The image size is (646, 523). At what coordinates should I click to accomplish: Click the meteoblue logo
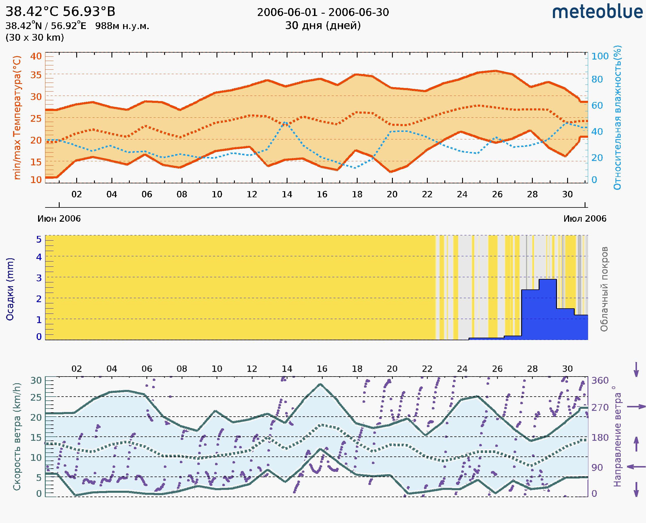click(x=597, y=12)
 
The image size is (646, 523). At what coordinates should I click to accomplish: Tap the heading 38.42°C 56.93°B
click(x=60, y=11)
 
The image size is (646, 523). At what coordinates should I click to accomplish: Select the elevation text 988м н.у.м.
click(x=122, y=26)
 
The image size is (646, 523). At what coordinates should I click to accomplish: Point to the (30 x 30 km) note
click(x=35, y=37)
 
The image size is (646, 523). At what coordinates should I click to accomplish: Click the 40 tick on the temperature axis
click(x=36, y=56)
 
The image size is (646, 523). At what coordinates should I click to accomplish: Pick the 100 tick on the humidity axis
click(x=600, y=56)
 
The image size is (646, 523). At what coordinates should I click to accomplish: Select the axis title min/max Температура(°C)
click(x=17, y=117)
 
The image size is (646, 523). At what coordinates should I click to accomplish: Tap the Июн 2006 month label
click(x=59, y=218)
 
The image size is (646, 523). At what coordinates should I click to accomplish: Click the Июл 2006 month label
click(x=585, y=218)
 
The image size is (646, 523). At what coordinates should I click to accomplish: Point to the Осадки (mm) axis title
click(x=10, y=289)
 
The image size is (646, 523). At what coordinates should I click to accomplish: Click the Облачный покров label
click(x=604, y=289)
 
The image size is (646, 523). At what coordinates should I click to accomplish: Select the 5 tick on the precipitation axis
click(x=39, y=239)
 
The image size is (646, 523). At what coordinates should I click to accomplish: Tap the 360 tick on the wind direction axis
click(x=600, y=381)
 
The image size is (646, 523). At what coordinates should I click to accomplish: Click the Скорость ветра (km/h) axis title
click(x=17, y=436)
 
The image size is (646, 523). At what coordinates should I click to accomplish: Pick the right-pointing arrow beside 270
click(x=636, y=407)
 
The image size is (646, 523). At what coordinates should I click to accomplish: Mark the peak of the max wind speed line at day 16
click(x=321, y=384)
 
